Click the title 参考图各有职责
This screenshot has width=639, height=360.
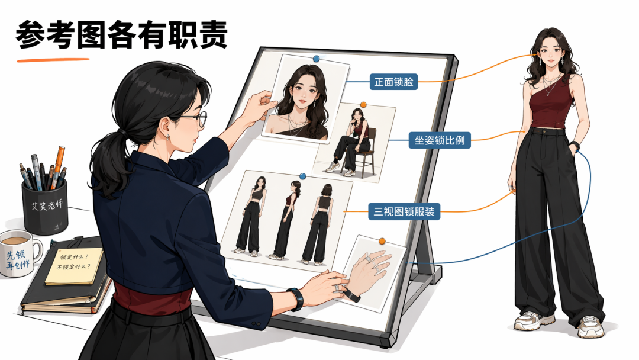pos(121,35)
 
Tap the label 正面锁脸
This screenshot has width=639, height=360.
pos(393,82)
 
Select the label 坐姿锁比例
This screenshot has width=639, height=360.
pos(439,140)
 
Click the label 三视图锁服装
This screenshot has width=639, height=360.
pos(404,211)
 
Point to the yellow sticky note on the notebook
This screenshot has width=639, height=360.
pos(74,265)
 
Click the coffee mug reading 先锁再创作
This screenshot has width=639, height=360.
pos(20,253)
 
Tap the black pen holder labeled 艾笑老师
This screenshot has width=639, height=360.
pos(45,207)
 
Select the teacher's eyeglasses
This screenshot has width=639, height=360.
pos(195,118)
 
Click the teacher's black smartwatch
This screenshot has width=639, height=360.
pos(296,299)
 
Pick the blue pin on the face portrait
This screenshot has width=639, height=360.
pos(316,59)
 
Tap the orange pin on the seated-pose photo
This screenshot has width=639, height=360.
pos(363,105)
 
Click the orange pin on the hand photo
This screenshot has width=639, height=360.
pos(382,242)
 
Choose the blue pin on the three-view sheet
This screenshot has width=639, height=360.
pos(302,176)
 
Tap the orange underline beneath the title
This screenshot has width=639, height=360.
pos(53,60)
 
